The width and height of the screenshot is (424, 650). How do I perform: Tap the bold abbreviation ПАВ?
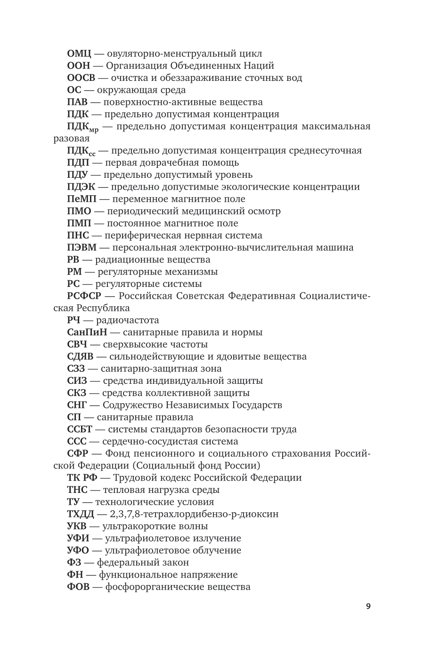77,102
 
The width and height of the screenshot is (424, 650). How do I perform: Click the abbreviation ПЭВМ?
82,247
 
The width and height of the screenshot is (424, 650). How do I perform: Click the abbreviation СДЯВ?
81,357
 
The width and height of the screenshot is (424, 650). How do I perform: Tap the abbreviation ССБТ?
80,429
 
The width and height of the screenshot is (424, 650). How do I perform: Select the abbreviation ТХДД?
81,514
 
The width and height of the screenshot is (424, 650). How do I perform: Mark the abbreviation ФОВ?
78,587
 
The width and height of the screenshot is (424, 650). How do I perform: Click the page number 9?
368,606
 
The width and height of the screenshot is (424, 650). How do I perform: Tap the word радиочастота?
128,320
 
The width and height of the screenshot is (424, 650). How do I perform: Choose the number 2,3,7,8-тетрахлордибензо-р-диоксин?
194,514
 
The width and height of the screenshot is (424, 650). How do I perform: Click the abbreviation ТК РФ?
82,478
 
